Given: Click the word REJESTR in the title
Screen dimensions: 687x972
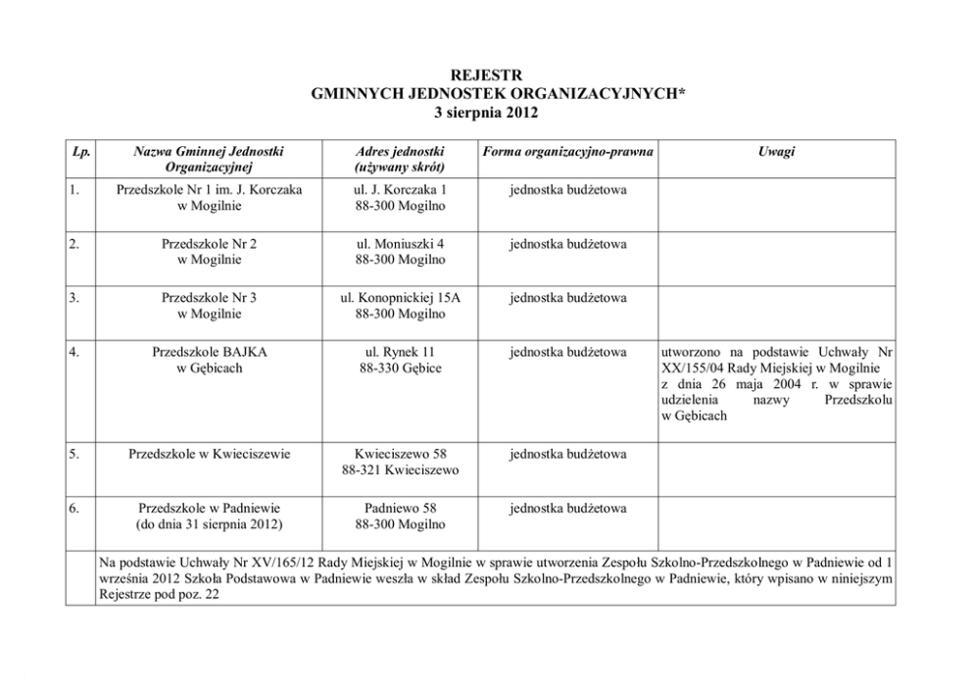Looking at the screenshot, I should (x=486, y=74).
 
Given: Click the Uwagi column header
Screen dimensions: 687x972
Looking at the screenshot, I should (x=776, y=151).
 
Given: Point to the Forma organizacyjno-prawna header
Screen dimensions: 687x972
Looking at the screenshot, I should (x=568, y=151).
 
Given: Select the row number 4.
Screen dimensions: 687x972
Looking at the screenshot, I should (x=75, y=351).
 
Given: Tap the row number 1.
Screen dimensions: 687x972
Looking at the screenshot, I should (x=75, y=189).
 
